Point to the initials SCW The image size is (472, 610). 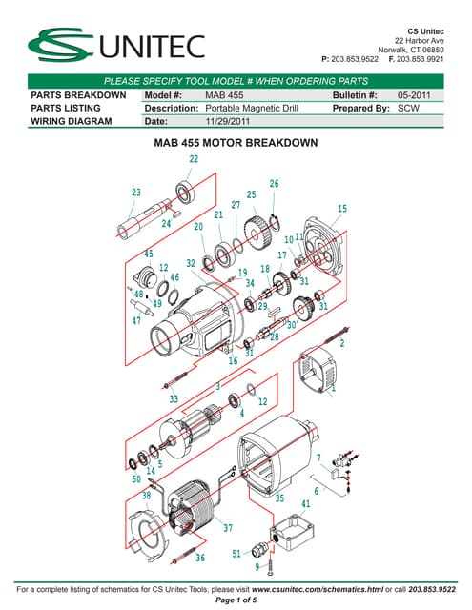click(x=408, y=109)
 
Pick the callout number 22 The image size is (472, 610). click(x=194, y=159)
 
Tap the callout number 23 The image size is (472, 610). click(x=136, y=192)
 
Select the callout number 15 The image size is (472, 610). click(x=342, y=209)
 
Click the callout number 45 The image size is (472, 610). click(x=148, y=254)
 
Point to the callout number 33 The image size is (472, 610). click(x=174, y=398)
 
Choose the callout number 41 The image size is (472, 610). click(x=306, y=503)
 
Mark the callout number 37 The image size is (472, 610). click(x=228, y=528)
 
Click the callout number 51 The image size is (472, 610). click(x=236, y=554)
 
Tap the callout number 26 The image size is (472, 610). click(x=274, y=183)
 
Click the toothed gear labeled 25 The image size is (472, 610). click(x=255, y=231)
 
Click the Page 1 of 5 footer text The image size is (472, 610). click(x=236, y=600)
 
